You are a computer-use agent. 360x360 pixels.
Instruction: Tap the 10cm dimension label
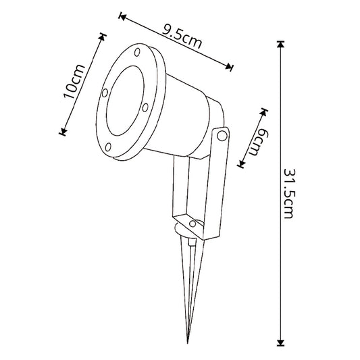tap(74, 82)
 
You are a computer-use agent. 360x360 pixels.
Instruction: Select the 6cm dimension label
tap(258, 143)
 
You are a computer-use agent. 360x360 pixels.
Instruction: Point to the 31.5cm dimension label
tap(289, 194)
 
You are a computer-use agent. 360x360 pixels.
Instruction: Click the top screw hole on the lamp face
tap(137, 52)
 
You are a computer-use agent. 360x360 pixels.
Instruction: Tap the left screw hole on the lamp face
tap(105, 93)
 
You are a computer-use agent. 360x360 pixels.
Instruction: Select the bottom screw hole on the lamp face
tap(108, 147)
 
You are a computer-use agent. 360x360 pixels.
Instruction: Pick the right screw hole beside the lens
tap(145, 107)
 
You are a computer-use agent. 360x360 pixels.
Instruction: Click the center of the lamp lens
tap(126, 101)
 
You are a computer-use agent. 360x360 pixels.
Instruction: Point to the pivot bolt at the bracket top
tap(222, 136)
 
